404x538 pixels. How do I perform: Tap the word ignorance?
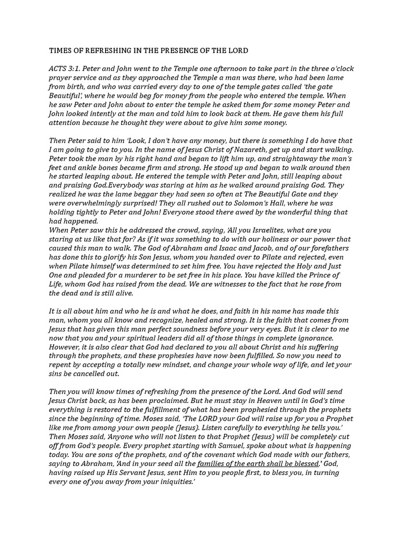pyautogui.click(x=311, y=338)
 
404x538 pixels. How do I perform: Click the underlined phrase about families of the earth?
pyautogui.click(x=258, y=464)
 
